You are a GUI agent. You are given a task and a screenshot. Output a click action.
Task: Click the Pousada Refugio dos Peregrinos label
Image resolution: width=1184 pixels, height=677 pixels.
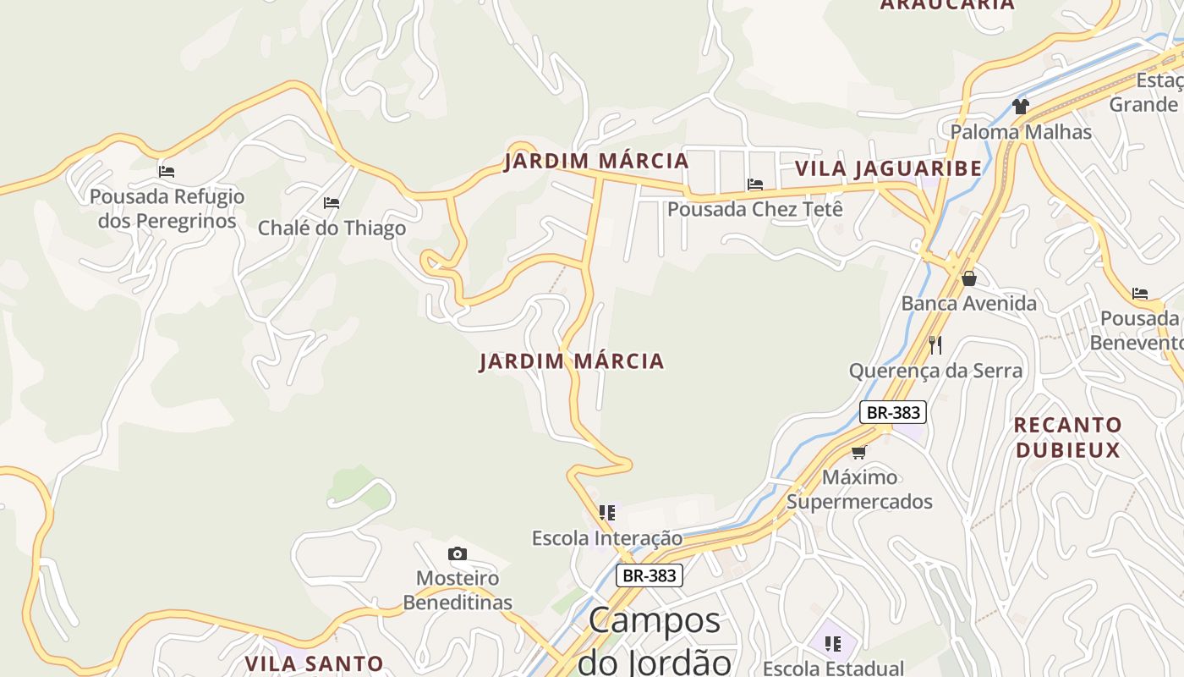pos(167,208)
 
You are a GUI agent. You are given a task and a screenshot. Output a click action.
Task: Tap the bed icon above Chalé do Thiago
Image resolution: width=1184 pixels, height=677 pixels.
pos(332,203)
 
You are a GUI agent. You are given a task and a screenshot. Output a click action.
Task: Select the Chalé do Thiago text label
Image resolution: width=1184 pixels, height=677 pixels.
pos(332,228)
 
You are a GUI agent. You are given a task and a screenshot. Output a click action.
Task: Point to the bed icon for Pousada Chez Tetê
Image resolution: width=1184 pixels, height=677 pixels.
pos(755,184)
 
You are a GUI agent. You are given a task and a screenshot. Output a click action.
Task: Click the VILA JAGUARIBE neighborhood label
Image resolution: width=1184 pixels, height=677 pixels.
pos(888,168)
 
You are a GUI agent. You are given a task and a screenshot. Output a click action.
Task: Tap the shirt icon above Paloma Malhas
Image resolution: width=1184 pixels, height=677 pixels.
pos(1021,107)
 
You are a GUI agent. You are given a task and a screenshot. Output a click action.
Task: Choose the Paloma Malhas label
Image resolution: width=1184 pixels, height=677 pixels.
pos(1021,132)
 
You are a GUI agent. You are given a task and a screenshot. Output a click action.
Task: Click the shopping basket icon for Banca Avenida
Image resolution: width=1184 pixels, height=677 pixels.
pos(969,278)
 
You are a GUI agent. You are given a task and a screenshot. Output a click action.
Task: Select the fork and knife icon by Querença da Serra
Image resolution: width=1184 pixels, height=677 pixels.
pos(935,345)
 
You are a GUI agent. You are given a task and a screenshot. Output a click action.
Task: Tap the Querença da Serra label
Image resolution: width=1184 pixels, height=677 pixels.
pos(935,371)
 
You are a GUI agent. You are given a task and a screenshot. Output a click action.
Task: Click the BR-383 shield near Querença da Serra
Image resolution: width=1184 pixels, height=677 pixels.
pos(893,412)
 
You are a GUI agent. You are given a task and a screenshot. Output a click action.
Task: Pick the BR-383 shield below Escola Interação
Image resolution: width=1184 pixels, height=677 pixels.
pos(649,575)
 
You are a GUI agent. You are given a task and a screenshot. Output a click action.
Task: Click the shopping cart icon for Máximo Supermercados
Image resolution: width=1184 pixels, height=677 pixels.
pos(859,452)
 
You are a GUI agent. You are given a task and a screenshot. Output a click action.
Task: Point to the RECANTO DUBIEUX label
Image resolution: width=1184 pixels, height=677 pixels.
pos(1067,437)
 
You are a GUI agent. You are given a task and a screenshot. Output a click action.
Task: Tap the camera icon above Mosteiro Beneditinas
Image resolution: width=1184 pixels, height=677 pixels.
pos(458,553)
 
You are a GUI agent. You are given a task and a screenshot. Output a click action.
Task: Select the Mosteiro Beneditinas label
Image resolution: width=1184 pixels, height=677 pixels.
pos(458,590)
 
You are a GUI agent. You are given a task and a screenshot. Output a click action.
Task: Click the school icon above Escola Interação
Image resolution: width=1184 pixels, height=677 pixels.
pos(607,513)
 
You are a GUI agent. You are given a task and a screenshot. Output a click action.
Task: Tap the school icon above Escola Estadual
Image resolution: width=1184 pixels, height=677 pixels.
pos(833,644)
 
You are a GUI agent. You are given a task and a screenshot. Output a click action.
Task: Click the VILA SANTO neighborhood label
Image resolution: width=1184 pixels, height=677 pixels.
pos(314,663)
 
